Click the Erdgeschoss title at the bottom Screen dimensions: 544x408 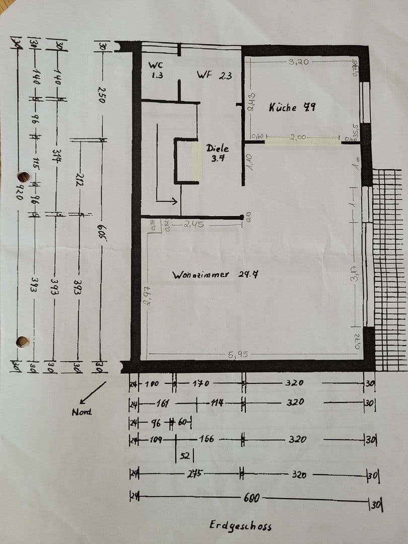click(240, 525)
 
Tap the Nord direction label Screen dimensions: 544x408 click(82, 412)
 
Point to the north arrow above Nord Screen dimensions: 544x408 click(93, 392)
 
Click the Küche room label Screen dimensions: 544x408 click(292, 107)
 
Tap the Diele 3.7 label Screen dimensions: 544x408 click(218, 153)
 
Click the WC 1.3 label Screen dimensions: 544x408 click(155, 70)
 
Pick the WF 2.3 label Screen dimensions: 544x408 click(214, 76)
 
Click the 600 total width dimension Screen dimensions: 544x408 click(251, 498)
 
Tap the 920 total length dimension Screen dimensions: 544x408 click(19, 190)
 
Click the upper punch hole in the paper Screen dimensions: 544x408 click(24, 177)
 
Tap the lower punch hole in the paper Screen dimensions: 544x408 click(22, 342)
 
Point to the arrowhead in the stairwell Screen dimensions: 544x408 click(173, 201)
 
